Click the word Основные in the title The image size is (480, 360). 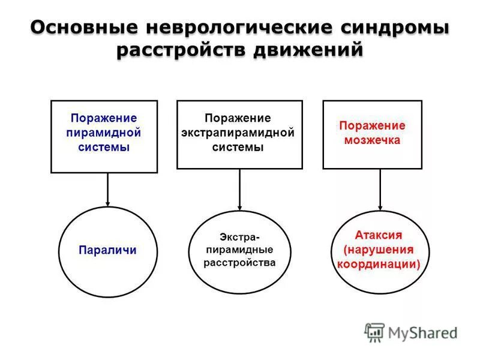(x=83, y=28)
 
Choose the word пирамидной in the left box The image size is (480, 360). (x=104, y=133)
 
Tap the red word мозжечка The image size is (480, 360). (x=372, y=140)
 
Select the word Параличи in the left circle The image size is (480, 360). (x=107, y=250)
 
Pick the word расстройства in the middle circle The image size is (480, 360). (x=239, y=263)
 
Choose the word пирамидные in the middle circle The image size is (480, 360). (x=239, y=249)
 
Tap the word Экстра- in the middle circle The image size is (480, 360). (x=239, y=236)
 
